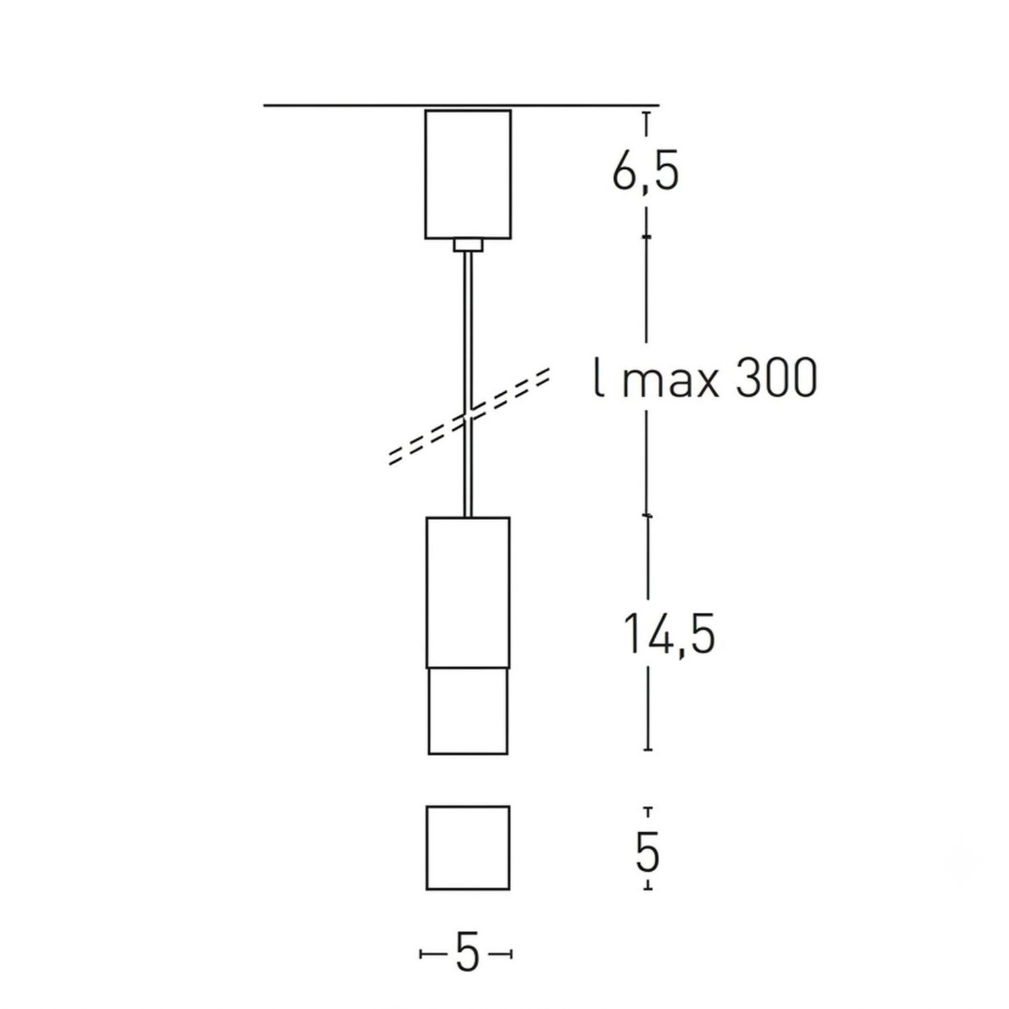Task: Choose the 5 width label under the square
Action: coord(467,953)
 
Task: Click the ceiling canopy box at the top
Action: coord(468,174)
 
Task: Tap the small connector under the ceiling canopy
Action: coord(468,246)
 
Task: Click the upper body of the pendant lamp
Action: coord(468,593)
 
